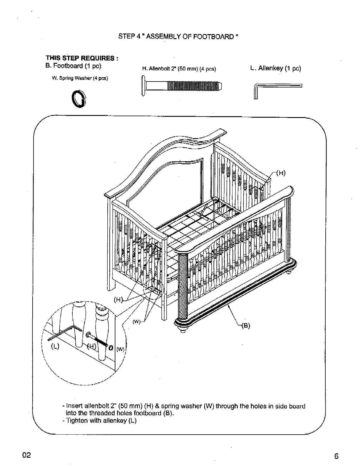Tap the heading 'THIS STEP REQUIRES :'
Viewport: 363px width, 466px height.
coord(82,58)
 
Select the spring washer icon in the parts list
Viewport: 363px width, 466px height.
coord(80,99)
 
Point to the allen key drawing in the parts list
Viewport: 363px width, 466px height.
coord(277,89)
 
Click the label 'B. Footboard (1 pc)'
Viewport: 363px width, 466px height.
coord(73,66)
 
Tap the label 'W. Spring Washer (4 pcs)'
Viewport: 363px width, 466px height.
coord(80,78)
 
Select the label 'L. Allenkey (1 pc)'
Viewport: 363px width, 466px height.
coord(276,68)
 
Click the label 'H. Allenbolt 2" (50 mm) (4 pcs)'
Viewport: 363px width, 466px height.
coord(179,69)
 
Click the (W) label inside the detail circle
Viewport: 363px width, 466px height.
coord(120,349)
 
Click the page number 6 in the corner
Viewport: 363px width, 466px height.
coord(336,456)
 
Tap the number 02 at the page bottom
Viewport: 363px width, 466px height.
coord(26,455)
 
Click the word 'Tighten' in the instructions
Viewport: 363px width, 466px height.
coord(76,421)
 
